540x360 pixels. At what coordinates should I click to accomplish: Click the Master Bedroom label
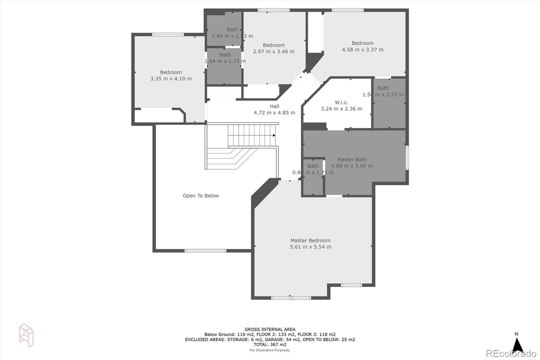point(310,240)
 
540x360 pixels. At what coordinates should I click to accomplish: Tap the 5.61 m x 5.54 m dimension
point(310,247)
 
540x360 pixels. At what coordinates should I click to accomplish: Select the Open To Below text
point(201,196)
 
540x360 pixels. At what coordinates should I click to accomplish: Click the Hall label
point(274,106)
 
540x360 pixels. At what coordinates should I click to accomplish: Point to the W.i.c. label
point(341,102)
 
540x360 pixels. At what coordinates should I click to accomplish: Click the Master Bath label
point(352,159)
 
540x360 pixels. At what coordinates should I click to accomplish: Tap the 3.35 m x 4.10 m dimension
point(171,79)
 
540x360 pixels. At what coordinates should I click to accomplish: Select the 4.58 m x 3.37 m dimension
point(362,50)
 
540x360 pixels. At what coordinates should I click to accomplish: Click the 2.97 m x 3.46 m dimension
point(273,52)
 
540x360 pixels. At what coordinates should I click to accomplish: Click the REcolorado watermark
point(511,354)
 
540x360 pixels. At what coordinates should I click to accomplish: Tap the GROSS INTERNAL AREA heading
point(270,329)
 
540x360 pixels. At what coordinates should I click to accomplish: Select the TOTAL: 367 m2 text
point(270,344)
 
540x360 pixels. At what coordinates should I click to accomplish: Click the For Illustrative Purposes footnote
point(270,350)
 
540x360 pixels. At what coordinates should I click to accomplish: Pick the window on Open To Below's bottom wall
point(205,251)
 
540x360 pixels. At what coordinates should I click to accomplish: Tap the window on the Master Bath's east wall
point(407,157)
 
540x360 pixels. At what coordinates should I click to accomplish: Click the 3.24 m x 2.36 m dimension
point(341,109)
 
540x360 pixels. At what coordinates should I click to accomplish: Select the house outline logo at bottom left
point(26,335)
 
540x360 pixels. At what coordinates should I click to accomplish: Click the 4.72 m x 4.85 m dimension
point(274,113)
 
